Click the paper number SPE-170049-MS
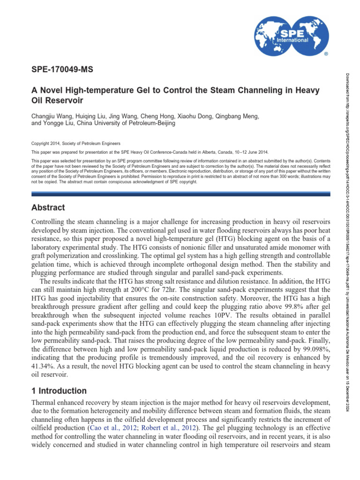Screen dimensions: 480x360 (x=62, y=70)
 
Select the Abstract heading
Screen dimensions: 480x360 (x=48, y=208)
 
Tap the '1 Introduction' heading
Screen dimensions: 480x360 (x=59, y=391)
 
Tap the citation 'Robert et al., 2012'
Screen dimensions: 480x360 (x=166, y=428)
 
